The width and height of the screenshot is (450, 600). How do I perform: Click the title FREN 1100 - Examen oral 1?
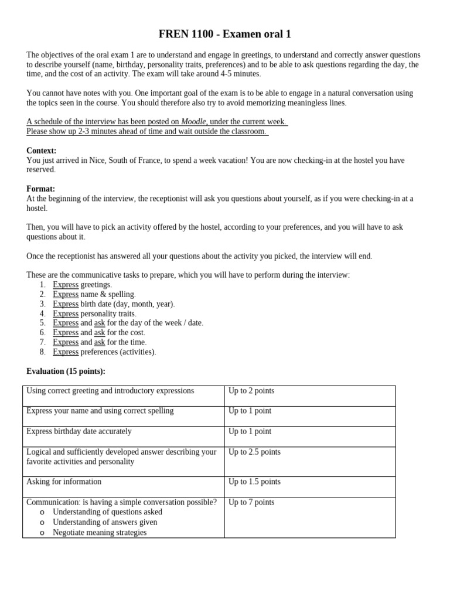[225, 34]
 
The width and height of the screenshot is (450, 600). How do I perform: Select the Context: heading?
[41, 151]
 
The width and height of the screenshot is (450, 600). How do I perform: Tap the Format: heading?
[40, 189]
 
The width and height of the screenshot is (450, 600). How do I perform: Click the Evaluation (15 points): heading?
[66, 371]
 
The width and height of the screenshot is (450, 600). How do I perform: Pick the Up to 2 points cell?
[251, 391]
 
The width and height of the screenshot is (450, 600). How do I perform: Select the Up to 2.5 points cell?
[254, 452]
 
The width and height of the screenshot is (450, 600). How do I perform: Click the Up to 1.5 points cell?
[254, 482]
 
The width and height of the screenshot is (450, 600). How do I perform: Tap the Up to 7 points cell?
[251, 502]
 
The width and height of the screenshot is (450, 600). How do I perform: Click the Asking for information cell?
[64, 482]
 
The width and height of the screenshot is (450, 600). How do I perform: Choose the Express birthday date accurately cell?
[79, 431]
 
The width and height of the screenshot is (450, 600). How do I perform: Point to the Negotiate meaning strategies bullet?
[100, 533]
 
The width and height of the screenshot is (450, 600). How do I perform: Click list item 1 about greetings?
[82, 285]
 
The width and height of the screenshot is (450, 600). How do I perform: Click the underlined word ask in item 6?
[100, 332]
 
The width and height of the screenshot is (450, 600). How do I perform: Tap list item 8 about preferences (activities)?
[104, 352]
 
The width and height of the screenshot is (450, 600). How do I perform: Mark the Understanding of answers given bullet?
[105, 522]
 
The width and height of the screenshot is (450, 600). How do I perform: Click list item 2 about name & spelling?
[94, 294]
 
